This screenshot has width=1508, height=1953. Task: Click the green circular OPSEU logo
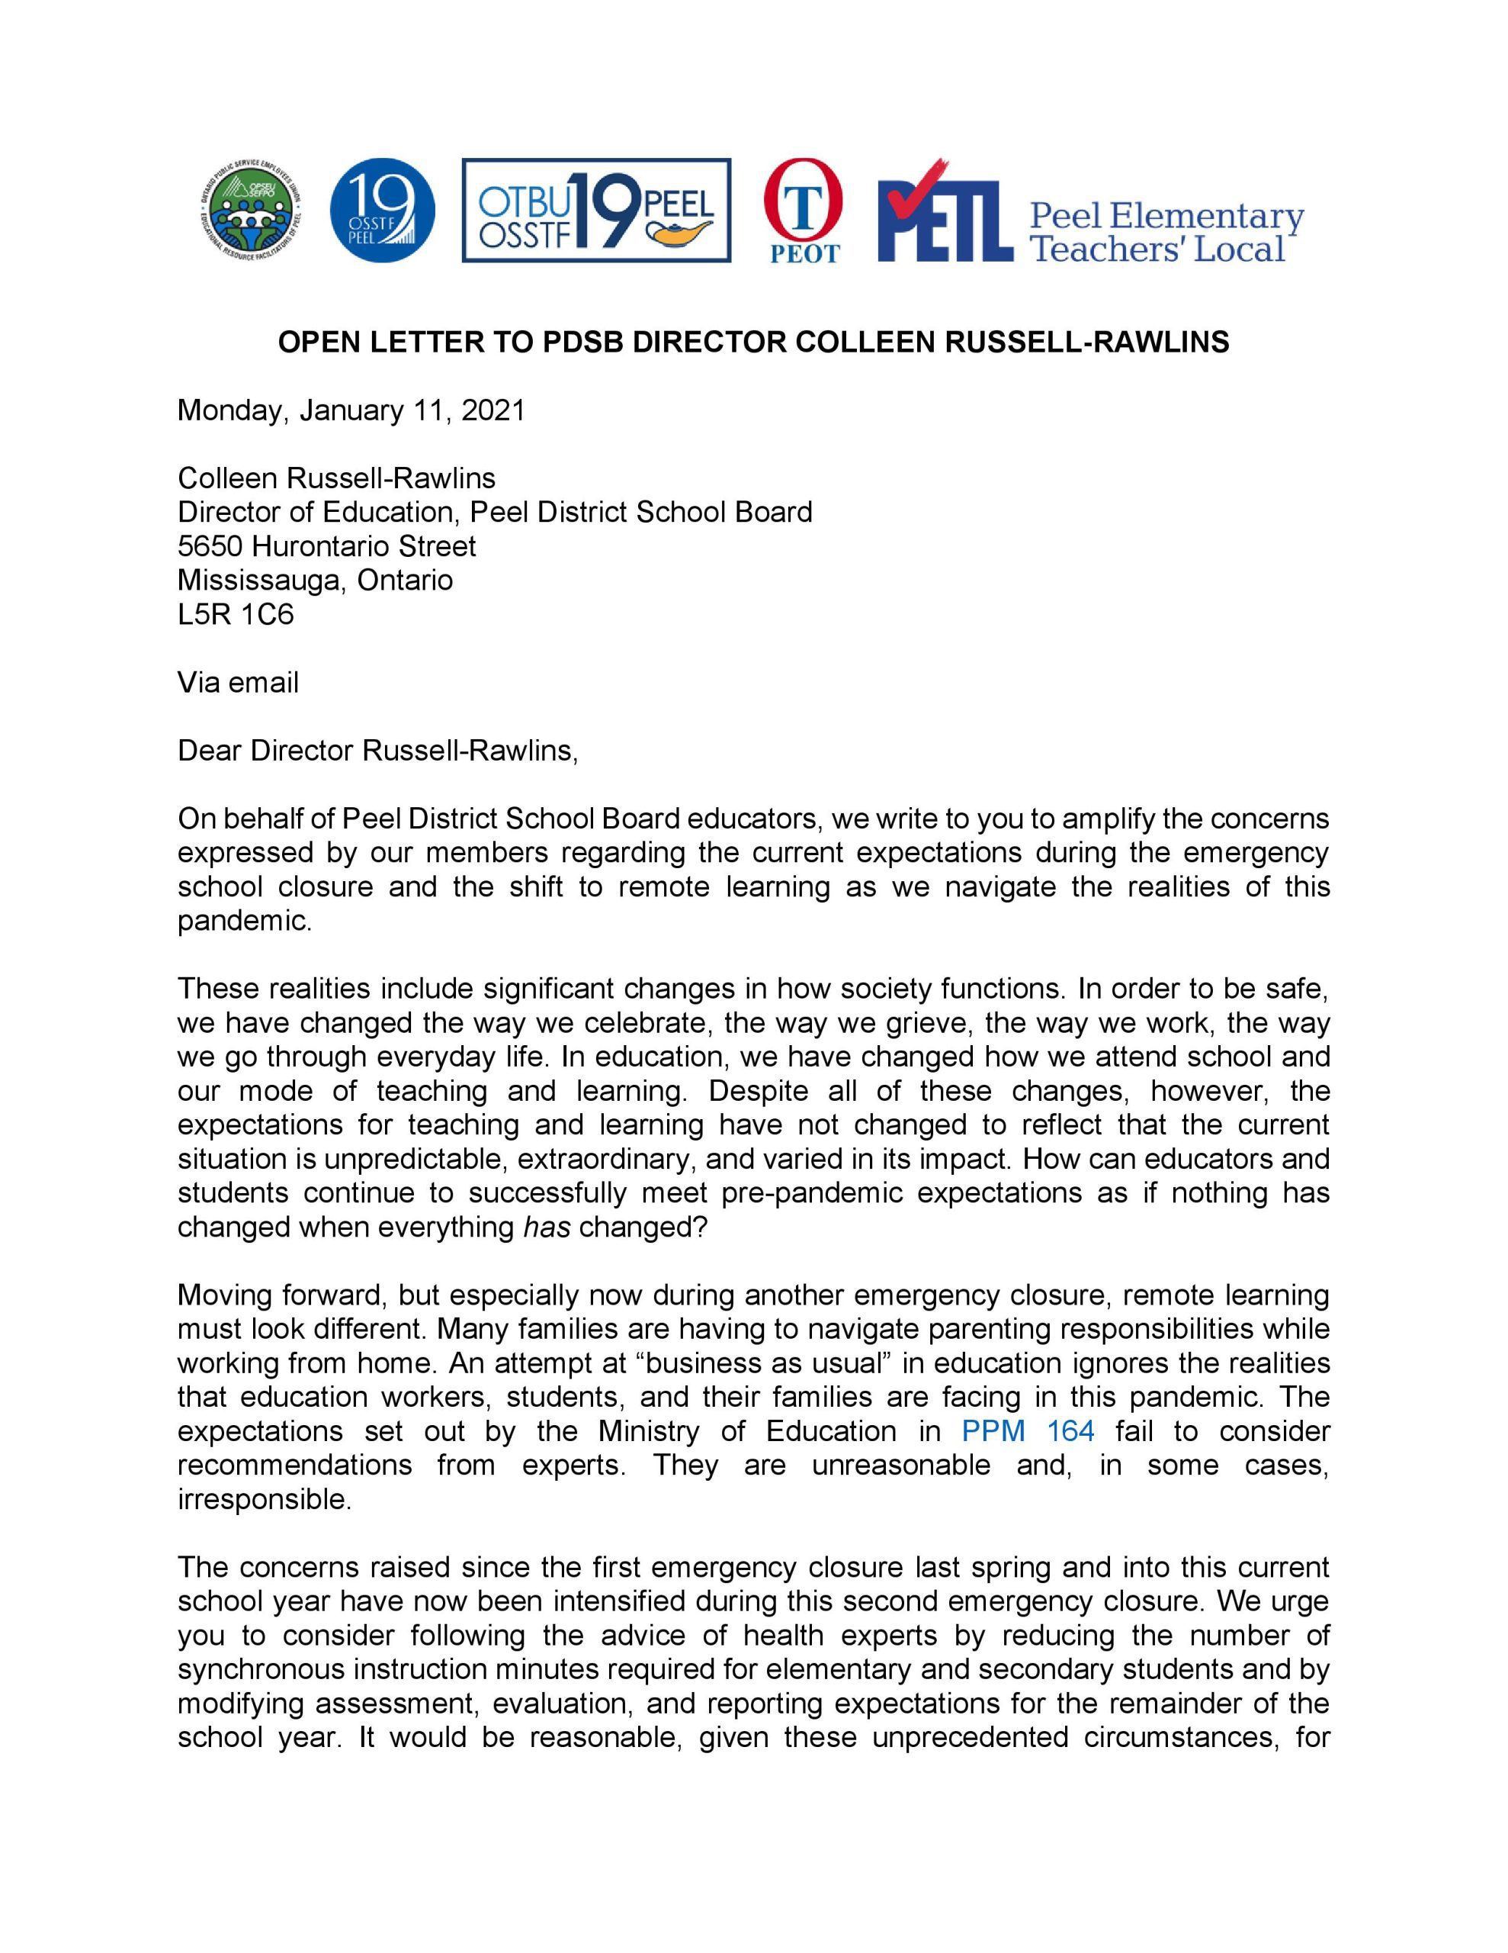click(249, 212)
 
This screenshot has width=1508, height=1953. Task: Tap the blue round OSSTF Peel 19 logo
click(382, 211)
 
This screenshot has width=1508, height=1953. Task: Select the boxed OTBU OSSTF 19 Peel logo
click(595, 211)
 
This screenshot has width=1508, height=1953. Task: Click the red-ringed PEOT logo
click(804, 211)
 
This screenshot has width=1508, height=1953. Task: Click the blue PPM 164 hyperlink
click(1027, 1430)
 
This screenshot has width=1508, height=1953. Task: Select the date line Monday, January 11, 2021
click(351, 410)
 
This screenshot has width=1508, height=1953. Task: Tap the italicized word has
click(546, 1227)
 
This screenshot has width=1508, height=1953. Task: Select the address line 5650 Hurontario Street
click(326, 546)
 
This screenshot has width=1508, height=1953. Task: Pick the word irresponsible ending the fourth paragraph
click(264, 1499)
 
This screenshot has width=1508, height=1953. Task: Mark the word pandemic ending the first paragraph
click(244, 921)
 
